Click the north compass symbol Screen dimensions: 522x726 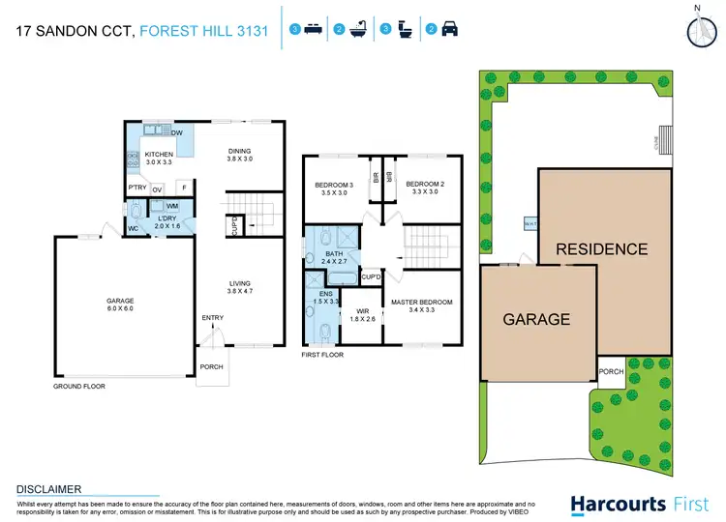tap(699, 30)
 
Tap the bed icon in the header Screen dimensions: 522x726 tap(313, 30)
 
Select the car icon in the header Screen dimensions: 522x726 tap(450, 30)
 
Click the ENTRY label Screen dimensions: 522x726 tap(212, 318)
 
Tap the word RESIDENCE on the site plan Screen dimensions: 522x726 tap(601, 249)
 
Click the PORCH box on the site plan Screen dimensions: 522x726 tap(610, 372)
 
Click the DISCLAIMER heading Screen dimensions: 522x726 tap(49, 489)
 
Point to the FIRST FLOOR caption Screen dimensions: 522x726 tap(322, 355)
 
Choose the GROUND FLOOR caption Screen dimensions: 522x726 tap(79, 386)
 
